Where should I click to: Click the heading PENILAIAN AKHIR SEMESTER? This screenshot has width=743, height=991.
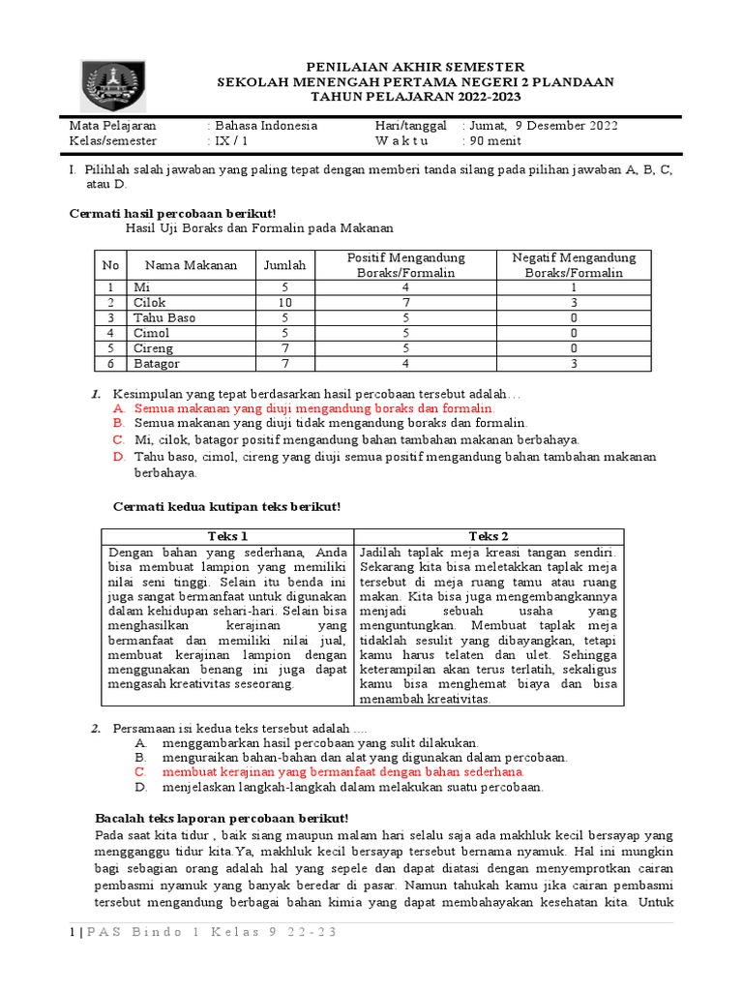tap(415, 66)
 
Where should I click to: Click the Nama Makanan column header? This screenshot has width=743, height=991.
tap(191, 265)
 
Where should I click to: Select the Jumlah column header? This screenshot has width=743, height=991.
tap(284, 265)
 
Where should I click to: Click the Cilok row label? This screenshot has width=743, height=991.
tap(150, 303)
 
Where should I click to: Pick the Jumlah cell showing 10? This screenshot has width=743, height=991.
tap(284, 303)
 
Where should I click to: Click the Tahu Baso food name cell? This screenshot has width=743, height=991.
tap(164, 318)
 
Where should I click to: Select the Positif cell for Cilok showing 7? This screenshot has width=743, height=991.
tap(405, 303)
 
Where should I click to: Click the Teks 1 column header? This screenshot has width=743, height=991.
tap(228, 536)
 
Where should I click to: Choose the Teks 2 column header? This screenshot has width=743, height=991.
tap(489, 536)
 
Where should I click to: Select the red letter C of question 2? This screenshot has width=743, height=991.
tap(140, 772)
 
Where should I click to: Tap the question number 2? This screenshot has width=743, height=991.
tap(96, 728)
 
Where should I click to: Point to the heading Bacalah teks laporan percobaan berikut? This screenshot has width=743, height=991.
tap(221, 818)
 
